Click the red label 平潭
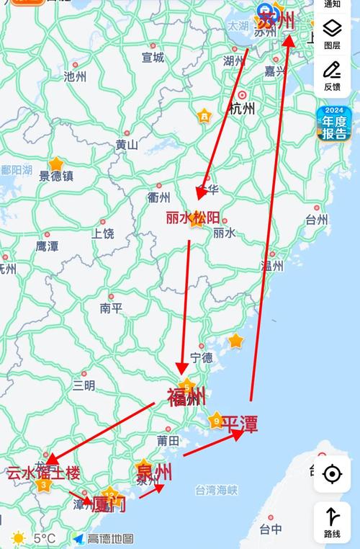tap(239, 424)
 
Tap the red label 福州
tap(186, 397)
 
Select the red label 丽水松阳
tap(193, 216)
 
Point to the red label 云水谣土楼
tap(43, 473)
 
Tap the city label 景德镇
tap(56, 176)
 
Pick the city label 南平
tap(112, 308)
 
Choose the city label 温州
tap(272, 265)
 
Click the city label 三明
tap(84, 385)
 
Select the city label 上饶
tap(103, 233)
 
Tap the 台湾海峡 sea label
tap(216, 491)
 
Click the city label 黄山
tap(127, 144)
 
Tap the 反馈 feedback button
tap(332, 76)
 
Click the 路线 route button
tap(332, 522)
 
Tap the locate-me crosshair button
tap(332, 474)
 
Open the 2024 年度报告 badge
tap(334, 124)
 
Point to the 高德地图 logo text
tap(110, 538)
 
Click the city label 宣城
tap(153, 57)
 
